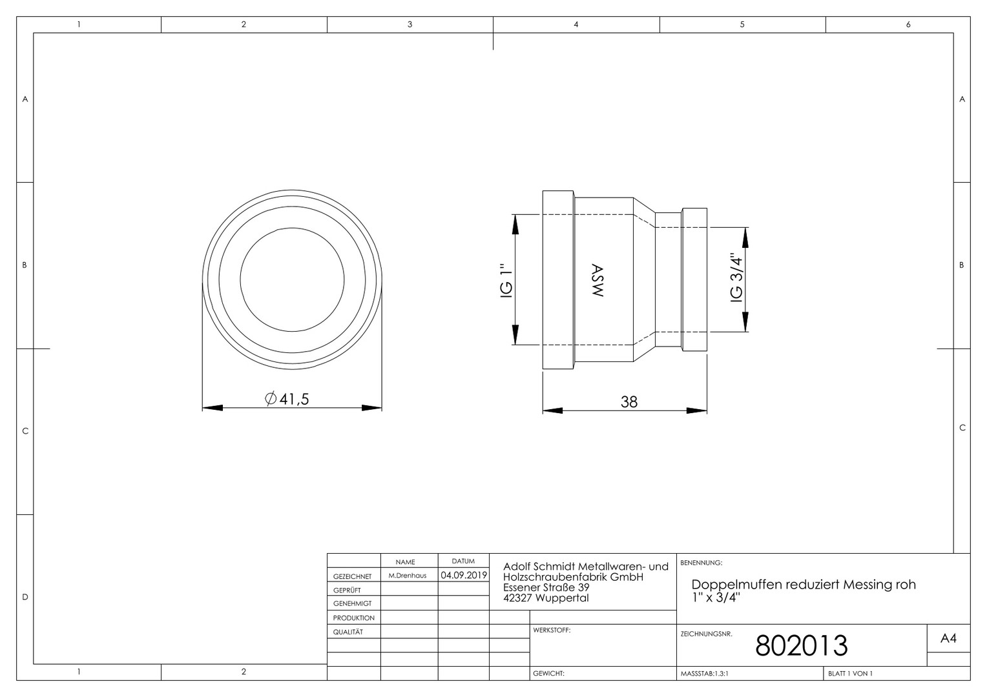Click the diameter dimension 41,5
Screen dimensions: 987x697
click(x=287, y=399)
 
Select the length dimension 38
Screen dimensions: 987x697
click(x=629, y=402)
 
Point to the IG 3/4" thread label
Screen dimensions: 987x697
click(x=736, y=278)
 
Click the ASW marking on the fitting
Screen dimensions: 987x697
click(x=597, y=281)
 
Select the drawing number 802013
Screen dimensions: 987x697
click(x=802, y=646)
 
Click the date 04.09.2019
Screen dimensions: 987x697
click(x=464, y=575)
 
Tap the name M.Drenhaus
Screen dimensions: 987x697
click(x=408, y=576)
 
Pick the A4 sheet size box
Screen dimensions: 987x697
click(x=948, y=638)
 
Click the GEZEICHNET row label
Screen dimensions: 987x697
click(x=353, y=576)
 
